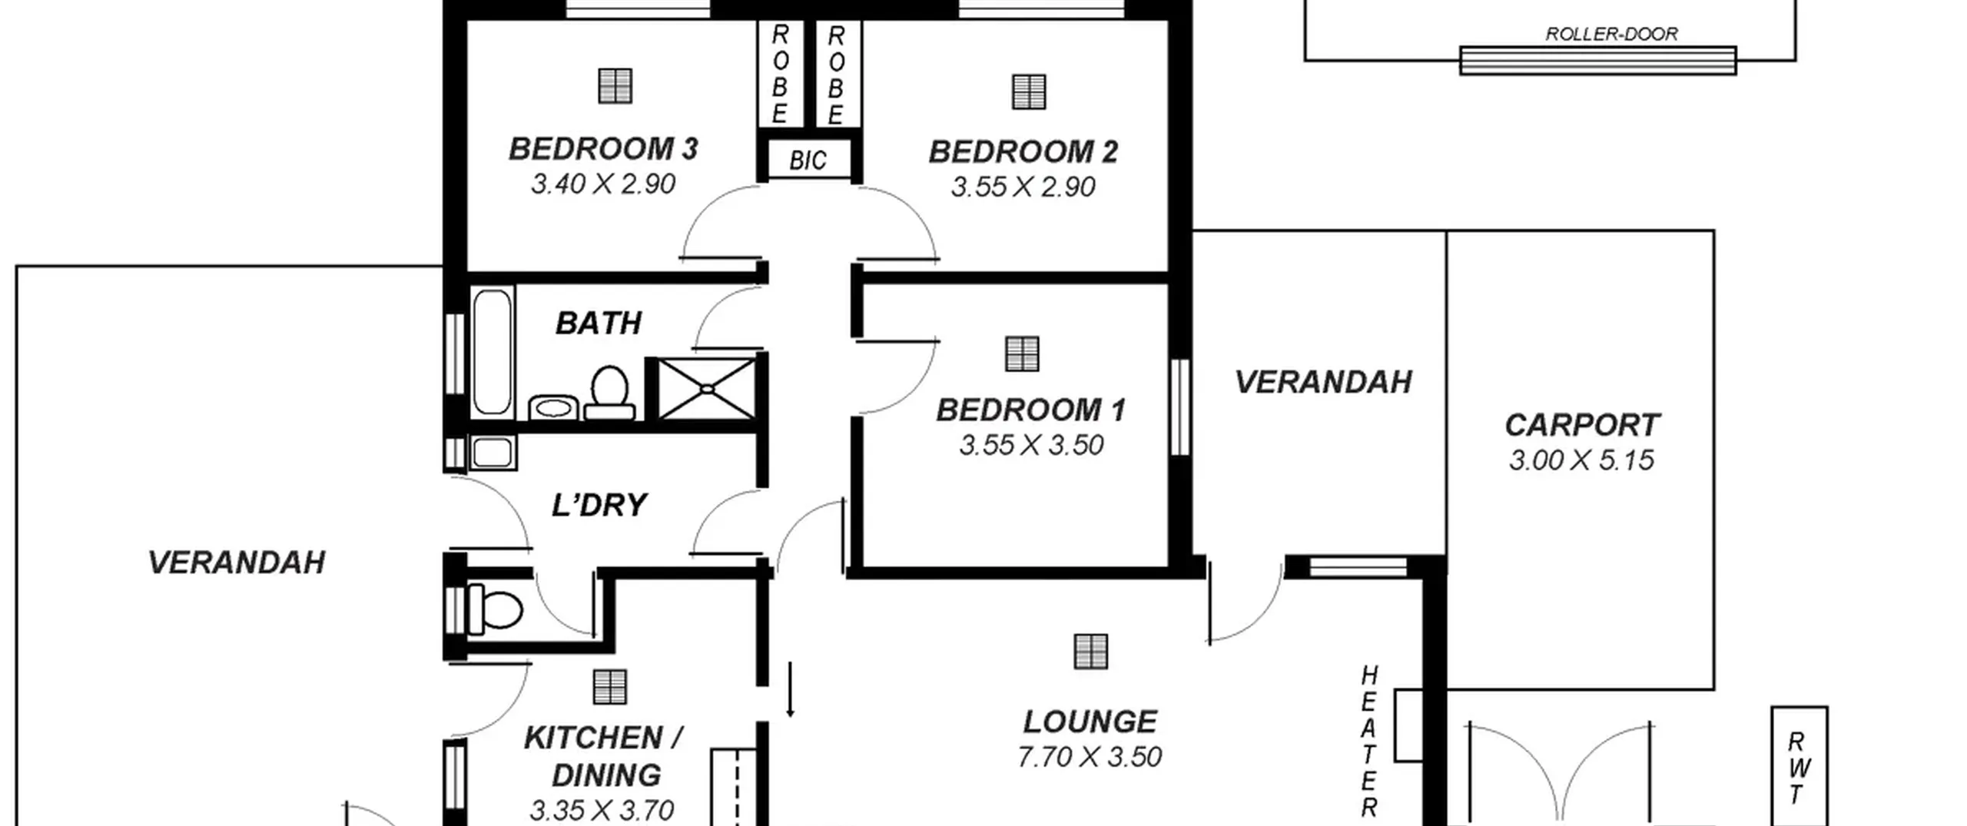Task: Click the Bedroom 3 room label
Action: [603, 149]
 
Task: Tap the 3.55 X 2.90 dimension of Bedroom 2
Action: [1023, 187]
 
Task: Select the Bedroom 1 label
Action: [1030, 410]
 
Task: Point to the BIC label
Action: [808, 161]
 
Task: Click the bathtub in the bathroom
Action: [493, 353]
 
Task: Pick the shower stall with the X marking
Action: [707, 389]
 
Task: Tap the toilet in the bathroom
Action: [609, 393]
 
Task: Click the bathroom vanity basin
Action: [553, 407]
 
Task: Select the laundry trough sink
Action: [493, 453]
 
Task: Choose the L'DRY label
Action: [599, 506]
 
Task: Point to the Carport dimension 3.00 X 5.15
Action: [1581, 460]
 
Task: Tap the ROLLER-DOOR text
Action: [1611, 34]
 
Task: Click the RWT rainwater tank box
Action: [1799, 767]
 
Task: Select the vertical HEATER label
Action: [1369, 741]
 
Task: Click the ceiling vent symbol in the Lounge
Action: [1090, 652]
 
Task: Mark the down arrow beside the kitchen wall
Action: [790, 689]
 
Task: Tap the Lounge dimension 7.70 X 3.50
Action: [1090, 758]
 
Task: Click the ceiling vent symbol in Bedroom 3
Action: [615, 86]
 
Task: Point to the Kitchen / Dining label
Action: [604, 757]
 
